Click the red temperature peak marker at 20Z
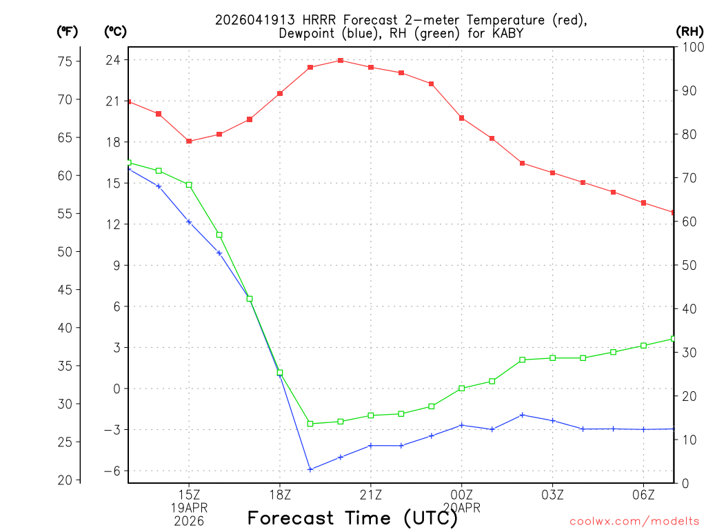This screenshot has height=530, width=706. pyautogui.click(x=341, y=60)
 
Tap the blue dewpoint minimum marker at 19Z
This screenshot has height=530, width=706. pyautogui.click(x=310, y=469)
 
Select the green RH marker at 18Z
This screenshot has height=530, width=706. pyautogui.click(x=280, y=373)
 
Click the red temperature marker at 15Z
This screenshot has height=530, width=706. pyautogui.click(x=189, y=141)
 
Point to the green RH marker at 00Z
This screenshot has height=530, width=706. pyautogui.click(x=462, y=389)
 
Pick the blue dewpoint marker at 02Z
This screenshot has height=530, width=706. pyautogui.click(x=523, y=415)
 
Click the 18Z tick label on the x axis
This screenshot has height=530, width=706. pyautogui.click(x=280, y=494)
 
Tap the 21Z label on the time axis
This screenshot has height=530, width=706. pyautogui.click(x=371, y=494)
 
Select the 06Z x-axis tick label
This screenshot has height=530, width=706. pyautogui.click(x=643, y=494)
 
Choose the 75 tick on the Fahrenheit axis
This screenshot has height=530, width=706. pyautogui.click(x=65, y=61)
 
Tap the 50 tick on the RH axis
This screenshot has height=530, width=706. pyautogui.click(x=689, y=265)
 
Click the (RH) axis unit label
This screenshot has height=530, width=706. pyautogui.click(x=689, y=31)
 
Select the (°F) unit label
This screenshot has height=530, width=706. pyautogui.click(x=67, y=31)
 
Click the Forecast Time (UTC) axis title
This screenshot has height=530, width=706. pyautogui.click(x=352, y=518)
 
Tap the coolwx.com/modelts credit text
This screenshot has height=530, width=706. pyautogui.click(x=634, y=521)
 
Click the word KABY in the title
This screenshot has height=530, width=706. pyautogui.click(x=507, y=32)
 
